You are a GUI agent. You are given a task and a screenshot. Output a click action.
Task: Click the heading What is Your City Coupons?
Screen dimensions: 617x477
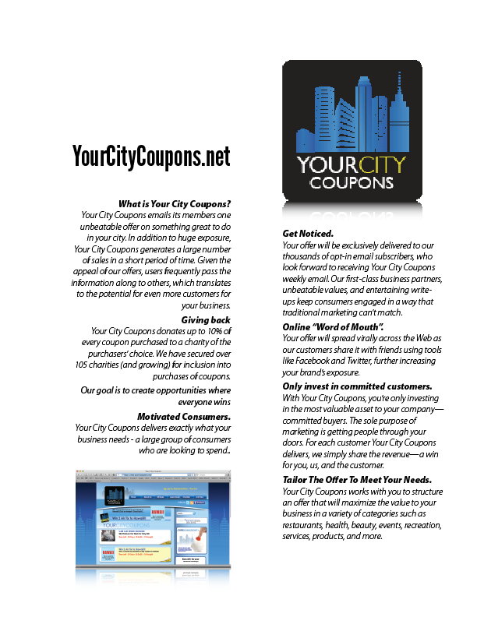[x=174, y=203]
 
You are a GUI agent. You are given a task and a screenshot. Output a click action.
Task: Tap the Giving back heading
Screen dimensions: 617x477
[x=206, y=319]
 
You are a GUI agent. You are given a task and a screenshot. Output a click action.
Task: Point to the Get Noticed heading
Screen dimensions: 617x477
[x=308, y=233]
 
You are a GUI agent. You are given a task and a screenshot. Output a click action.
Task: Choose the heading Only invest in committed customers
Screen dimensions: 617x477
[x=358, y=386]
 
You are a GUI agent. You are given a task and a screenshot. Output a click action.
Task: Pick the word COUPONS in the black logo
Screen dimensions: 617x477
[x=352, y=183]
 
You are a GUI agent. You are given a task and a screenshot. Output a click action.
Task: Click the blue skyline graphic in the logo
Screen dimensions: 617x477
[x=352, y=117]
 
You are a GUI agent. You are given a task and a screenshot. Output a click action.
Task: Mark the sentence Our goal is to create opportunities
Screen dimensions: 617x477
[x=156, y=395]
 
